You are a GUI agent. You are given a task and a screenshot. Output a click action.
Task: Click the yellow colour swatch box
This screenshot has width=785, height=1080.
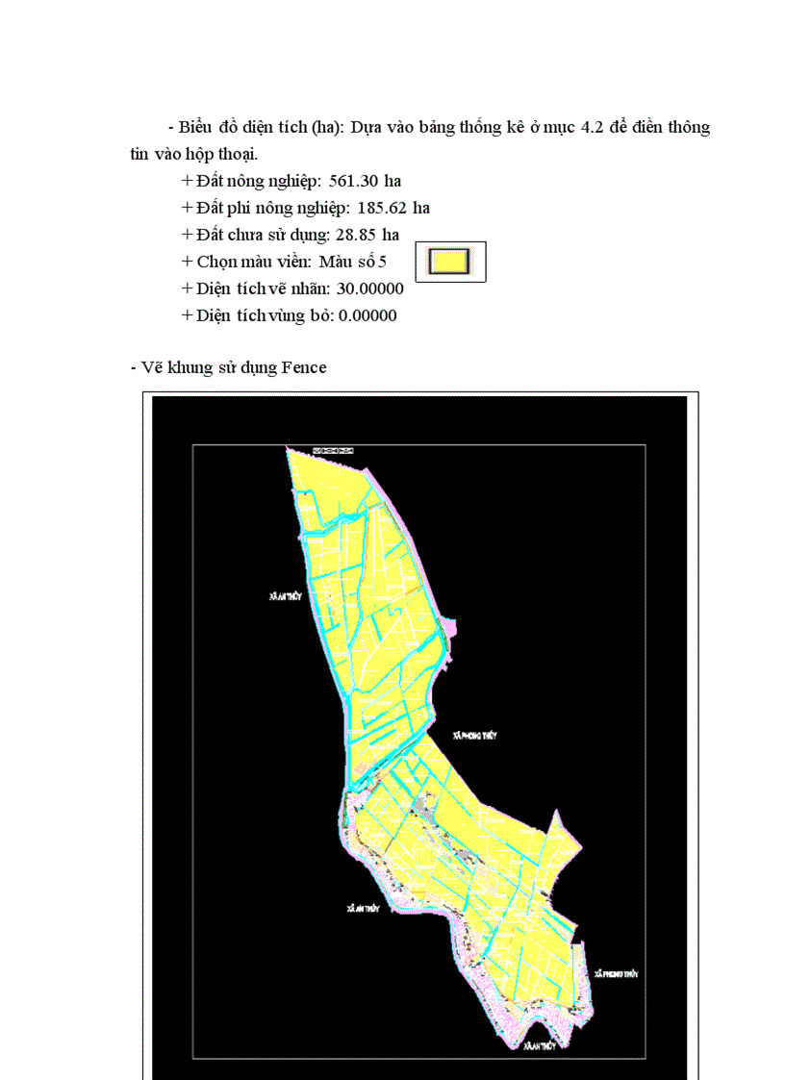(x=450, y=262)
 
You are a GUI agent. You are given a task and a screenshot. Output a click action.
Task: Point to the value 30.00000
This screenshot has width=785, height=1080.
(x=369, y=289)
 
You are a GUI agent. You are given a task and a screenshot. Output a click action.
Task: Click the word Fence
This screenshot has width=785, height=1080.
(x=304, y=367)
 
